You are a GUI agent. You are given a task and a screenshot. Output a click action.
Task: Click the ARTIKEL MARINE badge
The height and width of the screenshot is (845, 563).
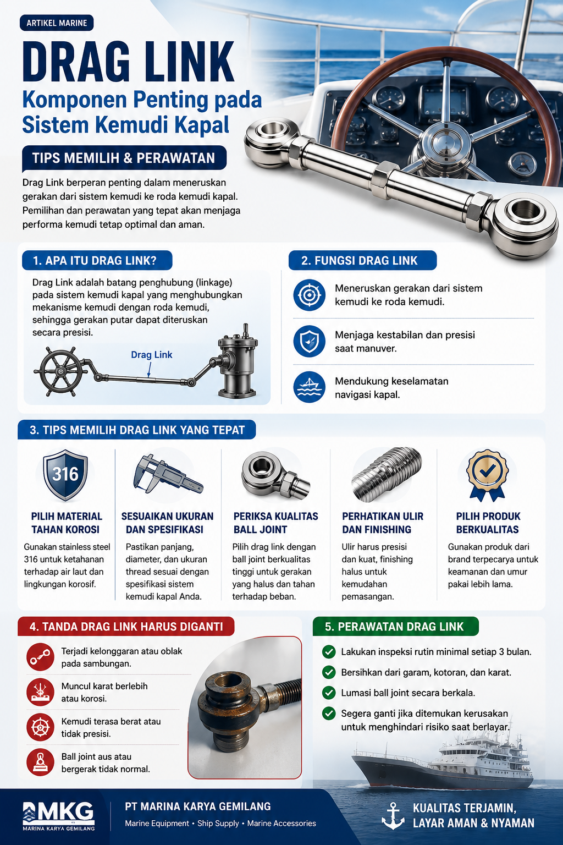click(x=57, y=23)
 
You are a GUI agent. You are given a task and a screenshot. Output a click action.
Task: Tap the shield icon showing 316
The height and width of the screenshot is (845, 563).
click(x=65, y=475)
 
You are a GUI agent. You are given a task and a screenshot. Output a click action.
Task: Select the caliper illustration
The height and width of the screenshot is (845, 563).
click(x=168, y=474)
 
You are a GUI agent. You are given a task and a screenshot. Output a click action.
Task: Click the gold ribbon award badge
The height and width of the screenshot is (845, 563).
click(x=487, y=475)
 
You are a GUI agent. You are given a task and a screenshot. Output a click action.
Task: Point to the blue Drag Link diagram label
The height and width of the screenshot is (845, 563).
click(x=152, y=355)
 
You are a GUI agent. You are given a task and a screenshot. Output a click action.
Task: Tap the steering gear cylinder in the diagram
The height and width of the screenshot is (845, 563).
click(x=238, y=361)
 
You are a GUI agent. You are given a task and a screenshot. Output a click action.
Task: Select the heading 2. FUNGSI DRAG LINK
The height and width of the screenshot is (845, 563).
click(x=362, y=260)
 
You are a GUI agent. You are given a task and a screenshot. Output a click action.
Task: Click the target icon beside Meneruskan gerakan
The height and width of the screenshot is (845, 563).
click(x=309, y=295)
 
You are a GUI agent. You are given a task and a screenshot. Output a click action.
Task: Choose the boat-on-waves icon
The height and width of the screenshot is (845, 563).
click(x=309, y=387)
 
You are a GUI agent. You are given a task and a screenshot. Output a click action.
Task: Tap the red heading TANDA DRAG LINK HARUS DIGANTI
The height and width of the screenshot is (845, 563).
click(x=126, y=627)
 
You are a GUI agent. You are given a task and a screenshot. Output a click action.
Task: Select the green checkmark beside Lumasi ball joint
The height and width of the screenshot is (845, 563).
click(x=329, y=693)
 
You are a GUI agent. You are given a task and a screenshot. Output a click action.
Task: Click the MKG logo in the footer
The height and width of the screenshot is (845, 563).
click(x=58, y=816)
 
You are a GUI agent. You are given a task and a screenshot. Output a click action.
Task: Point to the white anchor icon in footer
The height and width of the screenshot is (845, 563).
click(x=393, y=816)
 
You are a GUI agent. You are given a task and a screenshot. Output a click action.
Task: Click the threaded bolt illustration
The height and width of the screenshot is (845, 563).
click(x=387, y=475)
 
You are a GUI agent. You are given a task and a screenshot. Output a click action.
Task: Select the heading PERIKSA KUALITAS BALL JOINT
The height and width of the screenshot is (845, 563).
click(x=275, y=523)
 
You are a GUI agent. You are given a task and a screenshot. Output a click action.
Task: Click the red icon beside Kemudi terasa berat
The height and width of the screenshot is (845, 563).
click(x=40, y=727)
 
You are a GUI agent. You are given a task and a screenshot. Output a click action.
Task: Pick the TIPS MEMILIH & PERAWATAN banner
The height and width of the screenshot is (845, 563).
click(x=124, y=158)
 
